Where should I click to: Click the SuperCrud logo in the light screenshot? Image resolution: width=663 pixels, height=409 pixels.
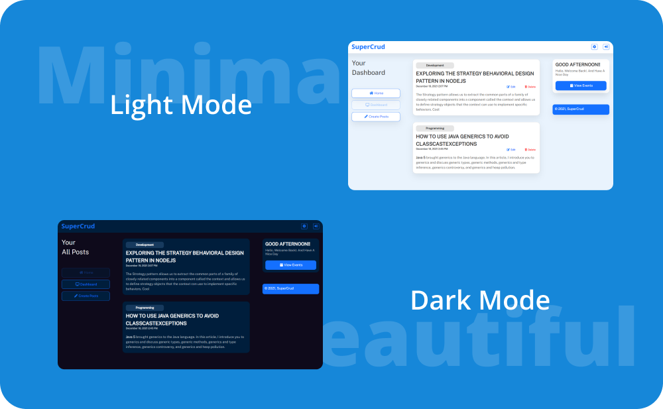click(x=368, y=47)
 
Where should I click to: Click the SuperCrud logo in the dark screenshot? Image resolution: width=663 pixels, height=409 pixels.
click(x=78, y=226)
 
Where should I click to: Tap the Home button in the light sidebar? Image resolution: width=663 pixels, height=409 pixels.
click(x=376, y=93)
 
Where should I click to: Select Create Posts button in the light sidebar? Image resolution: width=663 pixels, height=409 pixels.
click(x=376, y=117)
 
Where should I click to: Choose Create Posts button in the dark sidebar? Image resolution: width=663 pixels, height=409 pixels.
click(x=86, y=296)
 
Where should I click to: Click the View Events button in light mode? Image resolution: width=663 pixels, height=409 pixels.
click(x=581, y=86)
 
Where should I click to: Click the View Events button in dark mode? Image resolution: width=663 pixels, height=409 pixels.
click(x=290, y=265)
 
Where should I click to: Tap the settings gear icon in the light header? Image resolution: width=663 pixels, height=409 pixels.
click(x=594, y=47)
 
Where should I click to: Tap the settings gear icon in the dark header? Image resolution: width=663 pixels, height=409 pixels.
click(x=304, y=226)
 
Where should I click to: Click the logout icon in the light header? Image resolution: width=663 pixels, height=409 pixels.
click(x=606, y=47)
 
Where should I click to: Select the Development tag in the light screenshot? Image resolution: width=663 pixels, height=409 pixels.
click(x=435, y=66)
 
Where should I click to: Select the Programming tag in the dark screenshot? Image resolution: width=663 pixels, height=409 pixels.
click(x=145, y=308)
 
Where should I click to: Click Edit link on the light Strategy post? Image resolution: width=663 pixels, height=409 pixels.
click(x=511, y=87)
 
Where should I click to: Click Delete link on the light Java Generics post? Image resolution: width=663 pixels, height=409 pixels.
click(x=530, y=150)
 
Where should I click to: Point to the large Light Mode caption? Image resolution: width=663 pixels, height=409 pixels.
click(x=181, y=105)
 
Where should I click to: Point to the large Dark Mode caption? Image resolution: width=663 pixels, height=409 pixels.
click(x=480, y=300)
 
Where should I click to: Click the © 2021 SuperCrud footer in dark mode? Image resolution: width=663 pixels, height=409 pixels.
click(x=290, y=288)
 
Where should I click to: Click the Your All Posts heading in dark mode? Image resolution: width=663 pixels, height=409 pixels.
click(x=75, y=247)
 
